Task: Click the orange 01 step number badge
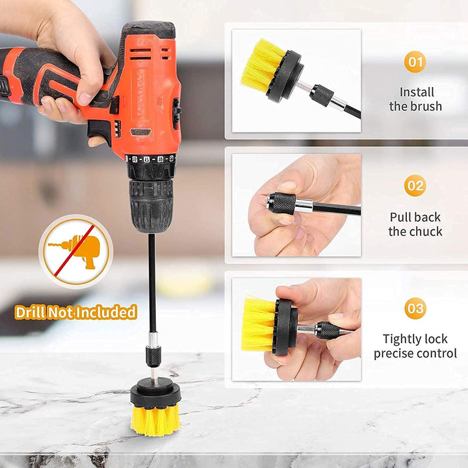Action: pyautogui.click(x=415, y=62)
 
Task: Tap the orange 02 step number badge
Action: pyautogui.click(x=415, y=185)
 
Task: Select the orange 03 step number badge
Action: pyautogui.click(x=415, y=308)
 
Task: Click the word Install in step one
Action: pyautogui.click(x=417, y=92)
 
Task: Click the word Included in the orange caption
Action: pyautogui.click(x=106, y=312)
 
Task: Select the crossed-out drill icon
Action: pyautogui.click(x=76, y=252)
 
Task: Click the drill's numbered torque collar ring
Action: pyautogui.click(x=150, y=159)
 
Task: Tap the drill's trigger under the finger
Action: pyautogui.click(x=96, y=131)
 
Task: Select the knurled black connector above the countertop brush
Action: pyautogui.click(x=153, y=356)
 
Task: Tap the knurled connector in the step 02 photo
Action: pyautogui.click(x=282, y=203)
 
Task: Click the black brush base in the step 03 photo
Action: pyautogui.click(x=285, y=327)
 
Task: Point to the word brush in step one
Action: pyautogui.click(x=427, y=106)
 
